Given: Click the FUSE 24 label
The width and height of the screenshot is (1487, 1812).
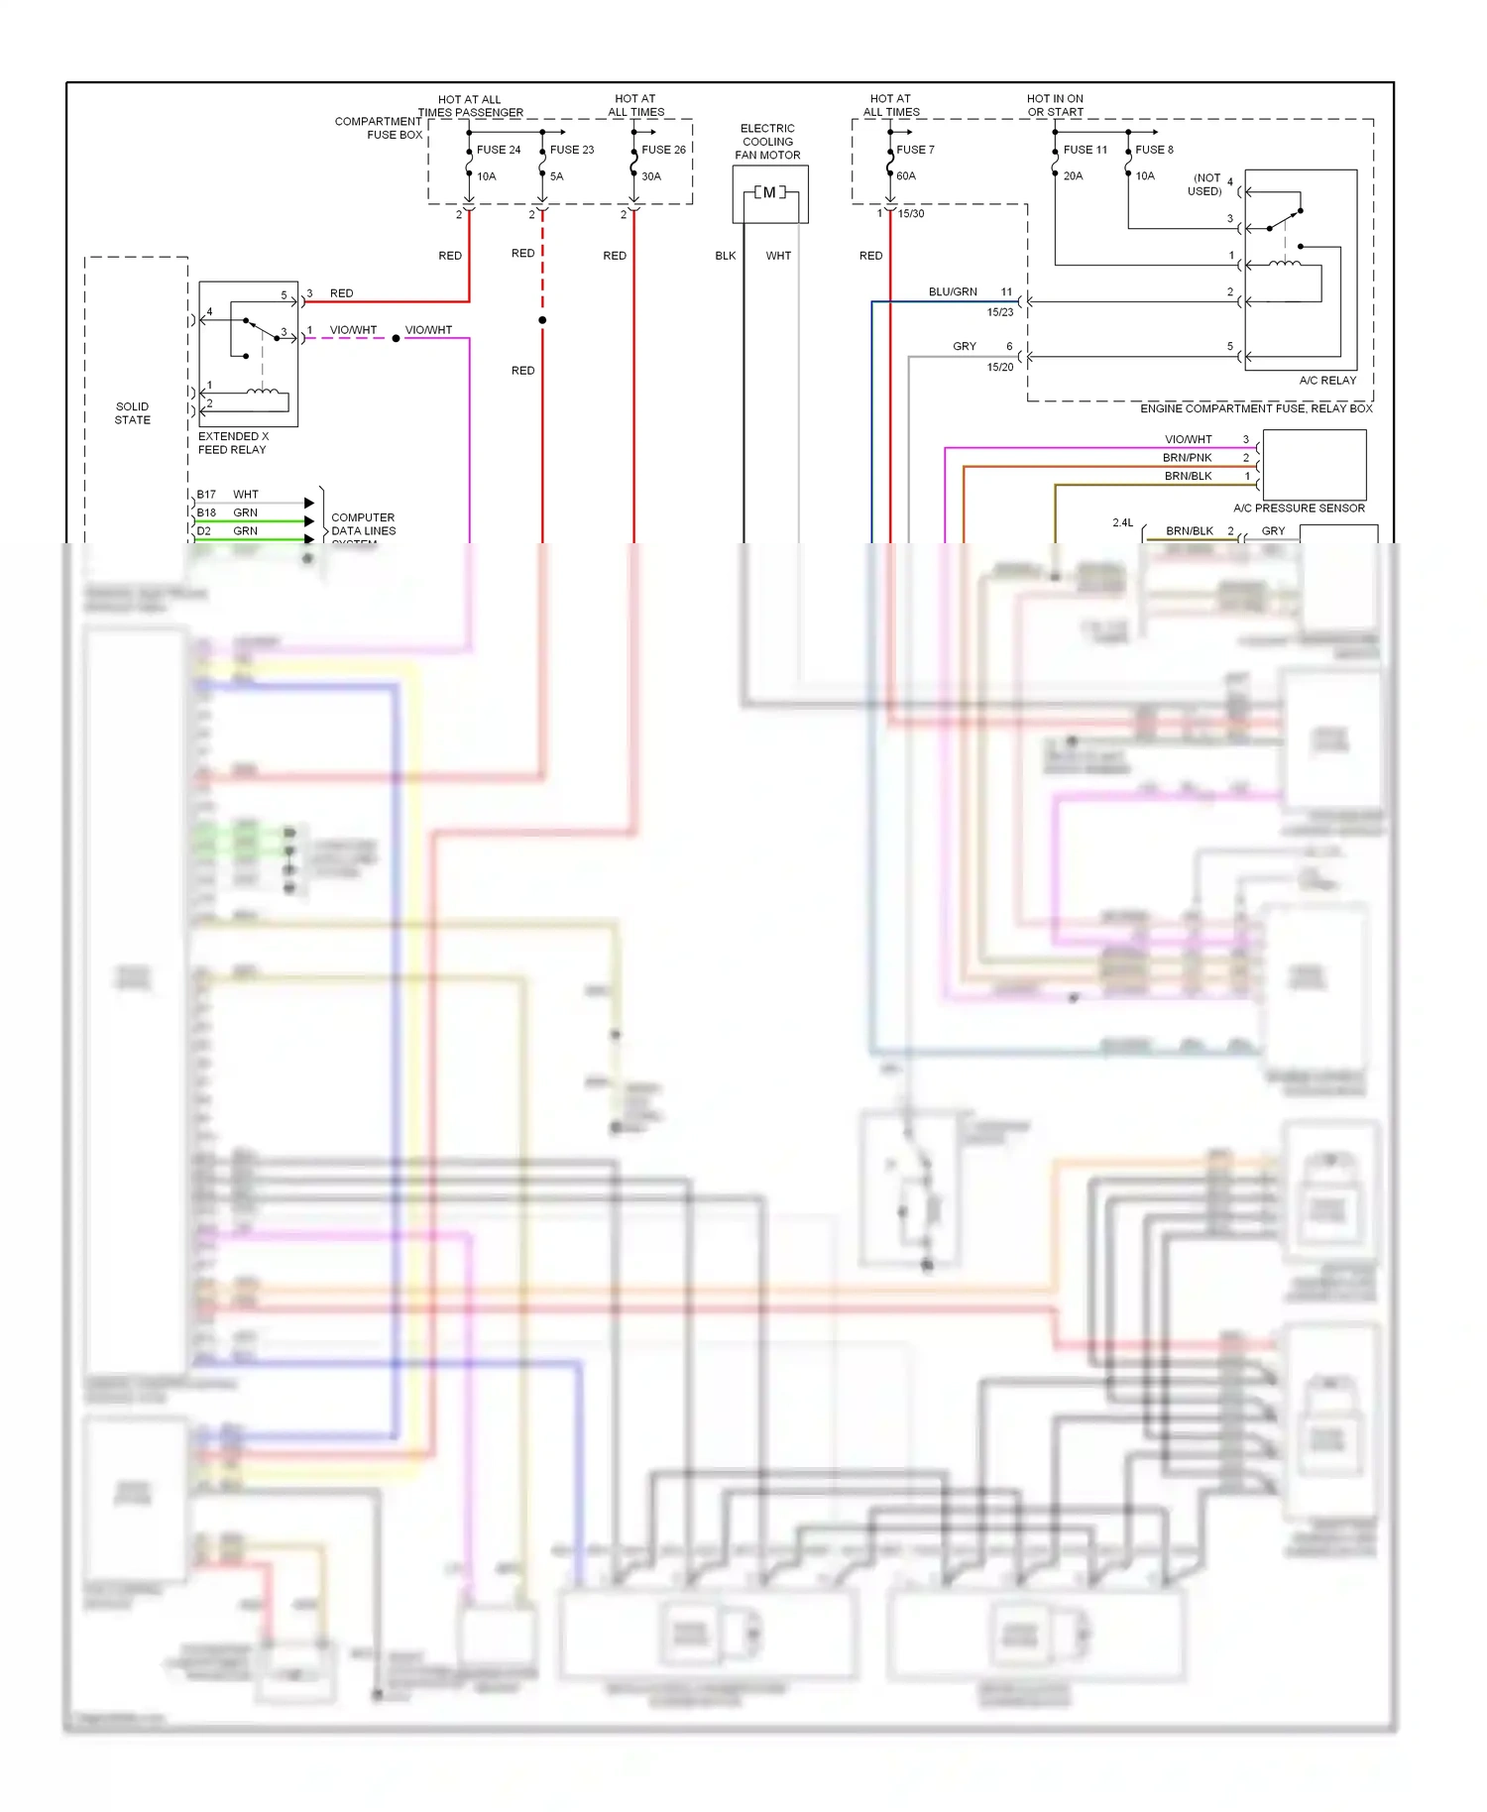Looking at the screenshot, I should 498,150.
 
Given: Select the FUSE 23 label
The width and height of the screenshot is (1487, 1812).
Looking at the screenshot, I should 571,150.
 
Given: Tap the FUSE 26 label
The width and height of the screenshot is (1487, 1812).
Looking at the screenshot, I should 663,150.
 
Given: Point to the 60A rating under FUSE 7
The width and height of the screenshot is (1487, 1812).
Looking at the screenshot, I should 906,176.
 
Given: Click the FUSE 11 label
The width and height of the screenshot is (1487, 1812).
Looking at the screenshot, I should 1085,150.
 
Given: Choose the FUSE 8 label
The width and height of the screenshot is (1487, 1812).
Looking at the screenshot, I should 1154,150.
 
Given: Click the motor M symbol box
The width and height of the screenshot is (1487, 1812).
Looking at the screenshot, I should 770,193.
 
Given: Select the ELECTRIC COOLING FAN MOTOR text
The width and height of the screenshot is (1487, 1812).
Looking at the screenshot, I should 767,142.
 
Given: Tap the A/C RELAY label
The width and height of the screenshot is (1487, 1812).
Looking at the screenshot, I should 1327,381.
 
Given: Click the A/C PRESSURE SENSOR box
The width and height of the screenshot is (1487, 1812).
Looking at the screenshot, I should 1315,465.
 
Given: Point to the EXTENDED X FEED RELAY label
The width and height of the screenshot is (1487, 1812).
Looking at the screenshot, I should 233,443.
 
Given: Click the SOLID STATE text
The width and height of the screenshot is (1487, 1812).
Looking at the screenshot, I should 132,413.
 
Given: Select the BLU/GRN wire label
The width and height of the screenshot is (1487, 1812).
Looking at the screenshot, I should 953,292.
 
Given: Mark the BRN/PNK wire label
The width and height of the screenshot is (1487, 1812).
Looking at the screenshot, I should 1187,458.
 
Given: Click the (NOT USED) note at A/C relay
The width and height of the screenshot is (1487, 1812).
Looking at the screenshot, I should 1205,184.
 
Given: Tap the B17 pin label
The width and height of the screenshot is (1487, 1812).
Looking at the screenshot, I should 206,495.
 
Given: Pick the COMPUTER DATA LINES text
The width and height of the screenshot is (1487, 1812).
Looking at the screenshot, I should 363,524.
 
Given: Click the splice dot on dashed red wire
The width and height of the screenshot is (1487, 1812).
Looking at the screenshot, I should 542,320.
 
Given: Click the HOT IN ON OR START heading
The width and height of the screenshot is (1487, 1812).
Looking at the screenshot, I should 1055,105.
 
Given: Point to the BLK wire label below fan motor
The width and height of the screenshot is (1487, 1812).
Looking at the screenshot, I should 726,256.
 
